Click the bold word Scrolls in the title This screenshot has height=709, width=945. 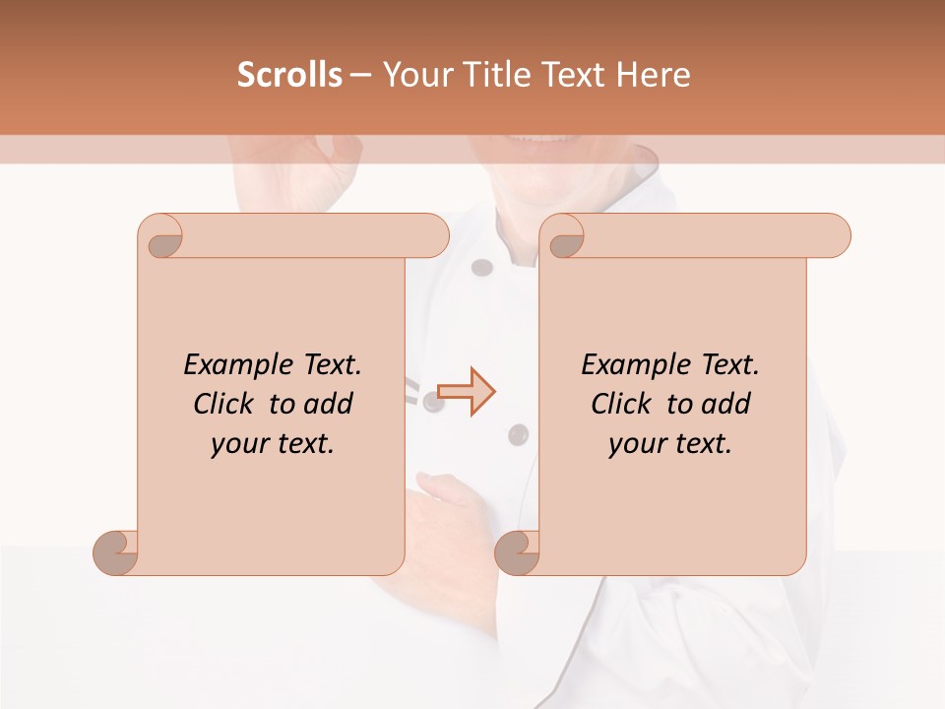[x=289, y=74]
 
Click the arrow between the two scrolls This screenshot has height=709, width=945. [x=466, y=392]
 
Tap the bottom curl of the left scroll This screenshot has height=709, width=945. [x=114, y=551]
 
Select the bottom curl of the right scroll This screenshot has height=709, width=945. [x=516, y=551]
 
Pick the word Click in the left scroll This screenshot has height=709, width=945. [x=225, y=404]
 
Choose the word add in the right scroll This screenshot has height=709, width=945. [x=725, y=404]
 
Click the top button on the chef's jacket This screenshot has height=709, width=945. [x=481, y=267]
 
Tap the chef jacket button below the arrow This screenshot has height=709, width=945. [x=517, y=433]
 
